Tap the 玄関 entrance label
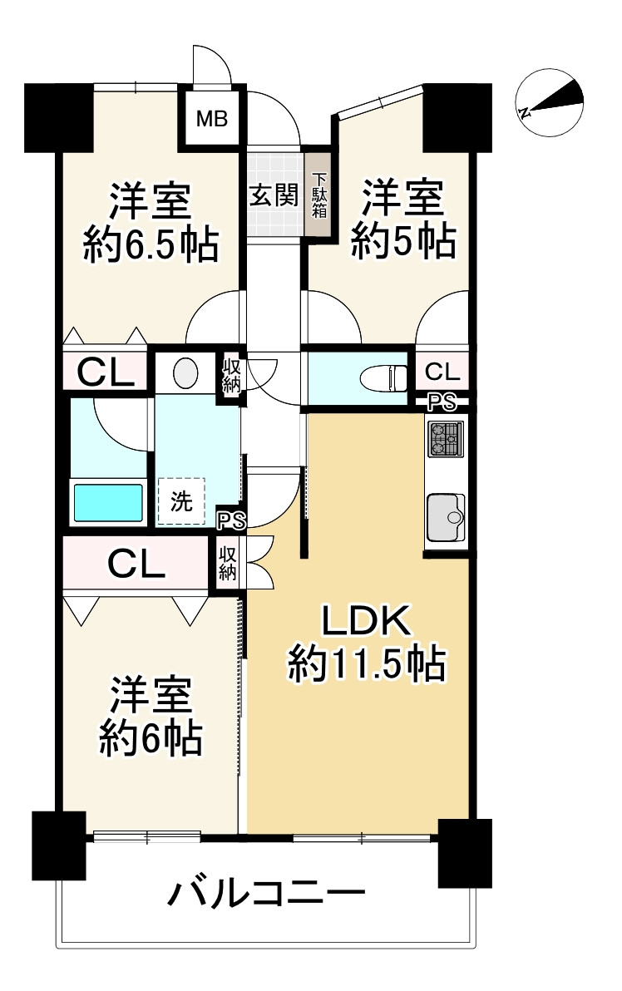point(274,195)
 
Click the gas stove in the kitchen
point(446,439)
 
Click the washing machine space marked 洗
point(180,500)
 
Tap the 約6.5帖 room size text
point(151,245)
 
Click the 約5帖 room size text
point(402,241)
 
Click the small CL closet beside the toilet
point(441,369)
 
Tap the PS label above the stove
point(442,403)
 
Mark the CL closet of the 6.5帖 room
point(106,372)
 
